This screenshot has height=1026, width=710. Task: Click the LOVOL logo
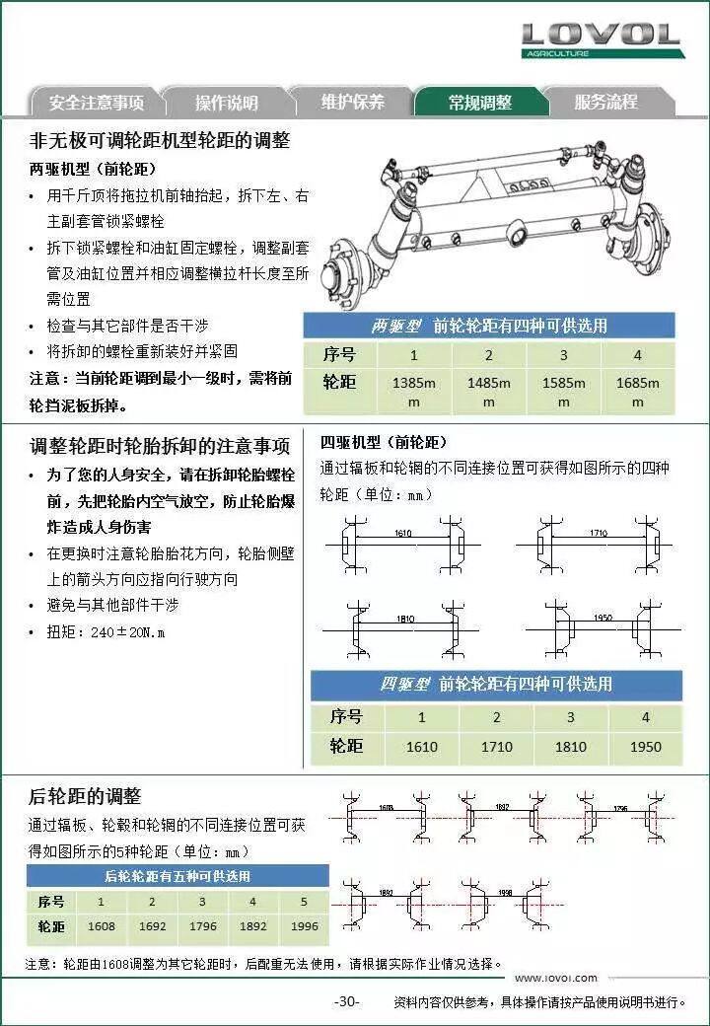click(601, 38)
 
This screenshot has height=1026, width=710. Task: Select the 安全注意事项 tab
click(96, 103)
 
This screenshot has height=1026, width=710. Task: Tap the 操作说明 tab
click(226, 103)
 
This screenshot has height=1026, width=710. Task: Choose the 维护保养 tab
click(352, 102)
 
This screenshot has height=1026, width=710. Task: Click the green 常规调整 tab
click(479, 103)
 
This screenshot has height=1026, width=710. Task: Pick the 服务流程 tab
click(605, 102)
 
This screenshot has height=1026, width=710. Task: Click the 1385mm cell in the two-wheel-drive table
click(414, 392)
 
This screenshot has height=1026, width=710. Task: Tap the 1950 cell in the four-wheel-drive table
click(646, 747)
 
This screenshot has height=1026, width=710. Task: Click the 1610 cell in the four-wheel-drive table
click(422, 747)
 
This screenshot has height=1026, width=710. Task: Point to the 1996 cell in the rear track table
click(304, 927)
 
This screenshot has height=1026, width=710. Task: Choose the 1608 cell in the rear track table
click(101, 927)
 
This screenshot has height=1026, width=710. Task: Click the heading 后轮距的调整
click(85, 796)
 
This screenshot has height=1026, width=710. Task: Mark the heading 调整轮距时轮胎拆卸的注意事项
click(160, 445)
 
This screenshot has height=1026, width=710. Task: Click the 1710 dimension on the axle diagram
click(598, 533)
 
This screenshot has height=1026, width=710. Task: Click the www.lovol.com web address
click(555, 978)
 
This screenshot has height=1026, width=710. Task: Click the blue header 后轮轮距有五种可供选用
click(177, 875)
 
